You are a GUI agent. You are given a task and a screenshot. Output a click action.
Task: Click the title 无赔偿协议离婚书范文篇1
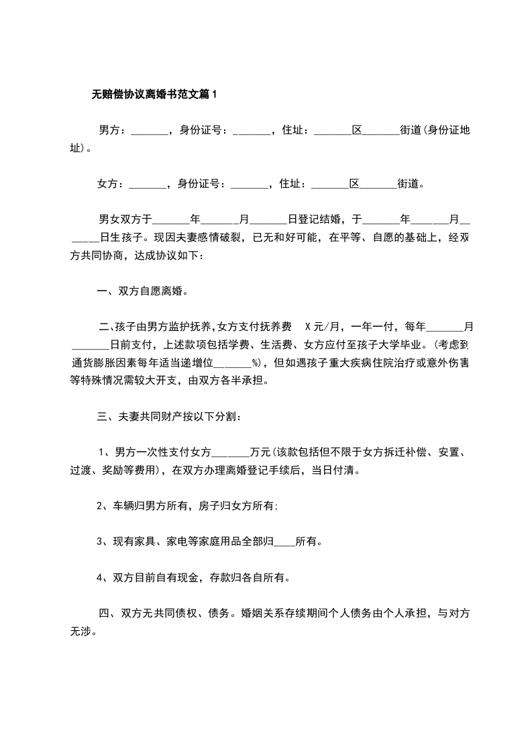coord(154,95)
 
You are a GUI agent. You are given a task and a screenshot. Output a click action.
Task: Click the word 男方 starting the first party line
coord(109,130)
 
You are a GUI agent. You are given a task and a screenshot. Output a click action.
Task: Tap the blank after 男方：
coord(149,130)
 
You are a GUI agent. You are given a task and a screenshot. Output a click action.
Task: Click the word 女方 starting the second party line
coord(107,183)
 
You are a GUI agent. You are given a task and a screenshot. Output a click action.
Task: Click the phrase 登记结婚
coord(319,219)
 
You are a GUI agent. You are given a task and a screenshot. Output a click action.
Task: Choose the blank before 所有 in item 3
coord(284,542)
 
